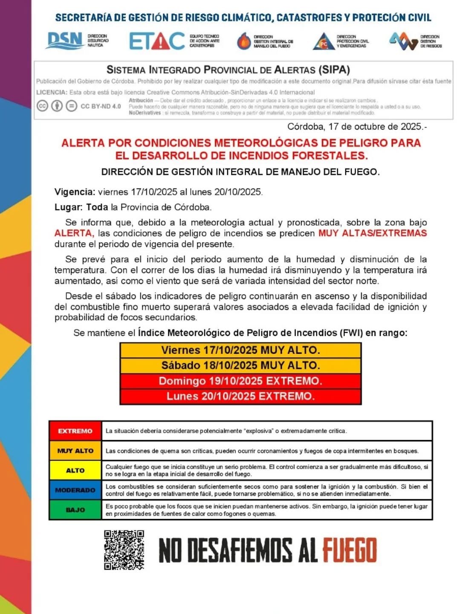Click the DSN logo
click(x=64, y=41)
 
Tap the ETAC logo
click(x=157, y=41)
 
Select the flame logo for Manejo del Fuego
click(x=244, y=41)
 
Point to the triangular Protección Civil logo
click(x=324, y=41)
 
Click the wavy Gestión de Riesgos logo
click(x=403, y=41)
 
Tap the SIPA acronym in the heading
click(x=334, y=70)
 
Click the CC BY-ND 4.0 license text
click(x=101, y=106)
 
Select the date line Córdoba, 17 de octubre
click(x=357, y=127)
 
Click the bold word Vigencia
click(x=75, y=192)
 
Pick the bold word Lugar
click(x=68, y=207)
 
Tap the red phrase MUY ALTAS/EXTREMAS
click(x=372, y=233)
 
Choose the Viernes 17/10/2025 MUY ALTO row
click(x=240, y=350)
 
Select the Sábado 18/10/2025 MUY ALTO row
click(x=240, y=366)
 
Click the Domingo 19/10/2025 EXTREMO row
click(x=240, y=381)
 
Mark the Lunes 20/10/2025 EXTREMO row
click(x=240, y=397)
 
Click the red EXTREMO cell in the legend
click(x=75, y=431)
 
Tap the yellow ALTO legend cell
click(x=75, y=470)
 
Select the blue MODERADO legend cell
click(x=75, y=490)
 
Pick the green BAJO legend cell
click(x=75, y=510)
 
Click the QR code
click(x=124, y=550)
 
